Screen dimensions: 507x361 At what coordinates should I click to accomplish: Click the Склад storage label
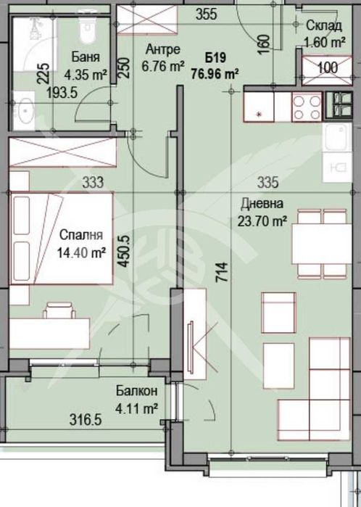(x=320, y=25)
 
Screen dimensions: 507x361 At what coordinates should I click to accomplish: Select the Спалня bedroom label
(x=82, y=236)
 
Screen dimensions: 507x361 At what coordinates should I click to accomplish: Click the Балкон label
(x=136, y=392)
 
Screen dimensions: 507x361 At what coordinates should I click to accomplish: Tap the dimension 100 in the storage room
(x=328, y=67)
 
